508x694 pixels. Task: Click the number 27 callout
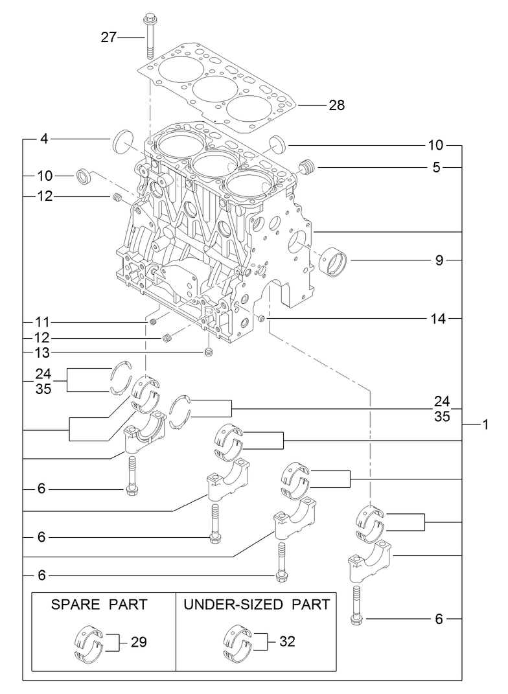click(108, 38)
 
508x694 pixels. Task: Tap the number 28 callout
click(336, 105)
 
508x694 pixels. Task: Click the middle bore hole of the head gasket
click(214, 89)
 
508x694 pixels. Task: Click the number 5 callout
click(437, 168)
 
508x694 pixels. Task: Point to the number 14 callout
click(436, 319)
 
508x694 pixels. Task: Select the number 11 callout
click(42, 322)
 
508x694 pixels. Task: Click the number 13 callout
click(42, 353)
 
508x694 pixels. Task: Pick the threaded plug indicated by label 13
click(209, 353)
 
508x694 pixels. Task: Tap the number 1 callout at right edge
click(485, 425)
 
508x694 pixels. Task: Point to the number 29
click(139, 642)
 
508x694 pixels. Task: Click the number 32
click(287, 642)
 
